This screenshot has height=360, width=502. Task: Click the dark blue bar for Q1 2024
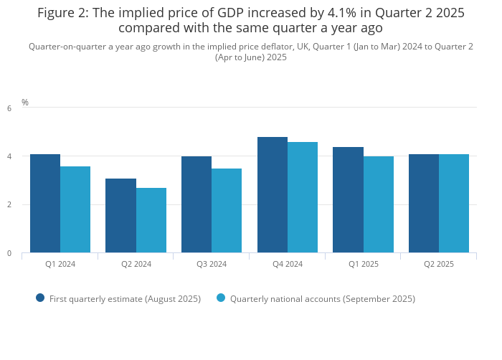[x=45, y=204]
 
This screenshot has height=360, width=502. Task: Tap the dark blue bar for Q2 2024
[x=120, y=216]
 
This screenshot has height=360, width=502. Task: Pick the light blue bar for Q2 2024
[x=151, y=220]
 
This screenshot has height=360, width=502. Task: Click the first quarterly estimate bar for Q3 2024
[x=196, y=204]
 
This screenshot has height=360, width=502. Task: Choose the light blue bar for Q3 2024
[x=227, y=211]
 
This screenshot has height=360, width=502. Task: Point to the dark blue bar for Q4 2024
[x=273, y=195]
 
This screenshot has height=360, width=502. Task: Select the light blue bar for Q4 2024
[x=303, y=197]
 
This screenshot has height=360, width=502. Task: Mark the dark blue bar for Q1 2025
[x=348, y=200]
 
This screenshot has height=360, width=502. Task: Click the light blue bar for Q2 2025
[x=454, y=204]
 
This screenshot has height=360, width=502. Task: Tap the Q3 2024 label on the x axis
[x=212, y=264]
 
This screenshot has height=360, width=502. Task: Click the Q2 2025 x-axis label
[x=439, y=264]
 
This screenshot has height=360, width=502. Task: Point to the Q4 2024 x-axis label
[x=288, y=264]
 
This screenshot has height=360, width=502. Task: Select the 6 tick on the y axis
[x=9, y=108]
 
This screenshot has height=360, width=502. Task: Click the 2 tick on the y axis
[x=9, y=205]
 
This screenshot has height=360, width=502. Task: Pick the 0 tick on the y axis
[x=9, y=253]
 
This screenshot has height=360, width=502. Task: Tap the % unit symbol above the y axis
[x=25, y=103]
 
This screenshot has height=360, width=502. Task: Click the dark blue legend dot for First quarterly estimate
[x=40, y=298]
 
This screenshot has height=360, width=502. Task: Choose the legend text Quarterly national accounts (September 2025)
[x=322, y=298]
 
